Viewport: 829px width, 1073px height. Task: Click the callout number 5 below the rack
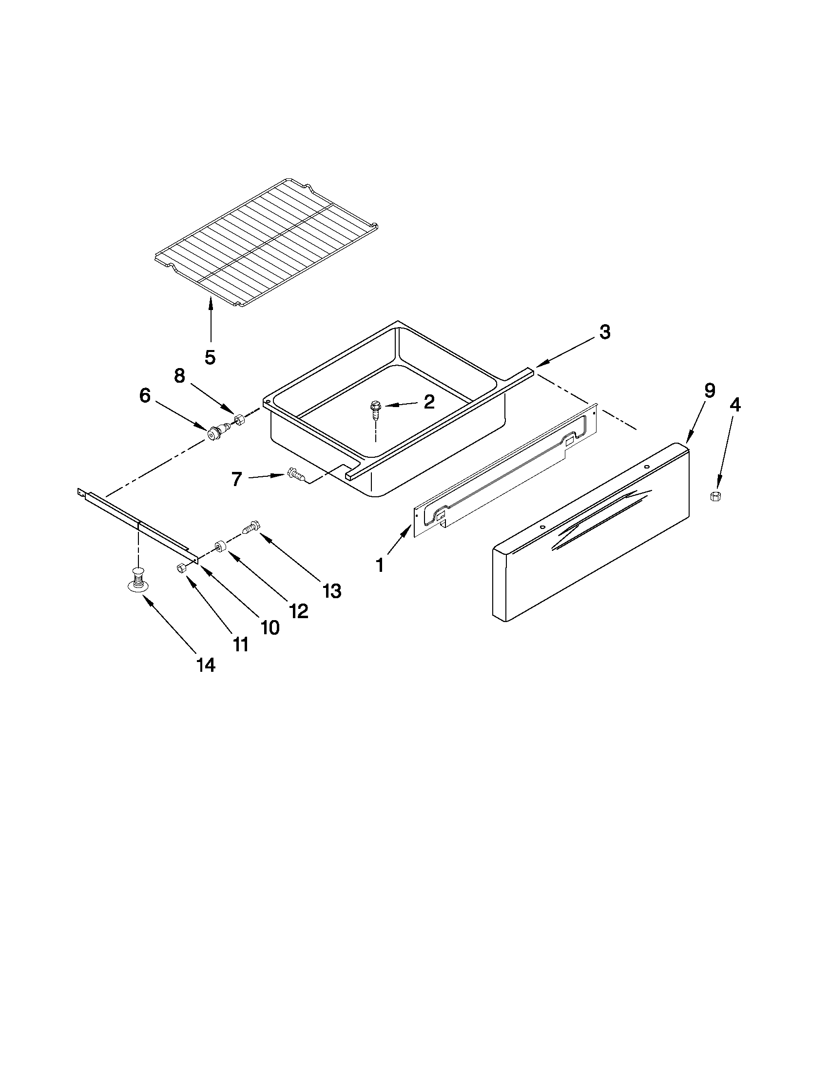tap(210, 357)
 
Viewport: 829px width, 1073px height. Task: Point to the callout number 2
tap(429, 402)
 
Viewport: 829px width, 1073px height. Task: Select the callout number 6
tap(145, 395)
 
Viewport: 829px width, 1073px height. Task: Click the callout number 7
tap(237, 479)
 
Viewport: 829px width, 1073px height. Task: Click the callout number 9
tap(709, 390)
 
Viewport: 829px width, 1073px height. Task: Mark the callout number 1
tap(380, 566)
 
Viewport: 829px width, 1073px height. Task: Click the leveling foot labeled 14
tap(139, 578)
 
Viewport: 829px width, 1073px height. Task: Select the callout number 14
tap(206, 665)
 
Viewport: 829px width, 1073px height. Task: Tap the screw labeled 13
tap(251, 528)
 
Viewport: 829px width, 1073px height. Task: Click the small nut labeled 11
tap(180, 567)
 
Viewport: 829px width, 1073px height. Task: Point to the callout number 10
tap(270, 627)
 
